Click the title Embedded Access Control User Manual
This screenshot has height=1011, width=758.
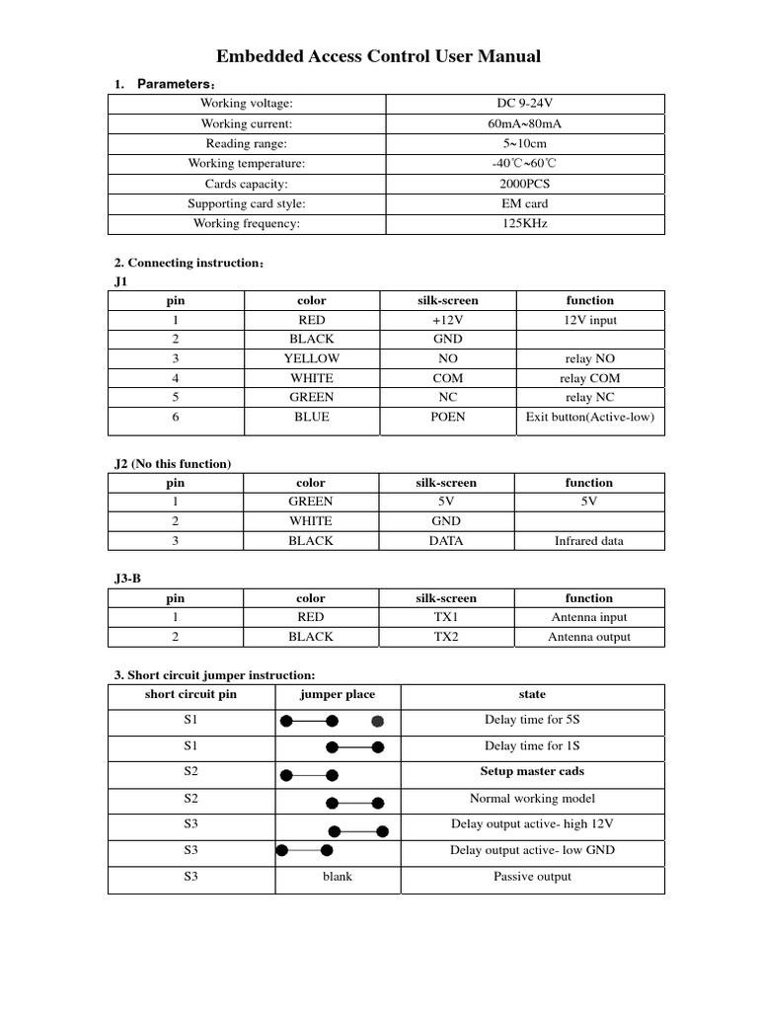[x=378, y=56]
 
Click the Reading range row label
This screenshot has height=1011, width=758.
[x=247, y=143]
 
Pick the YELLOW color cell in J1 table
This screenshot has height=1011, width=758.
[x=311, y=358]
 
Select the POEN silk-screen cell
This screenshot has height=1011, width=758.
[x=448, y=417]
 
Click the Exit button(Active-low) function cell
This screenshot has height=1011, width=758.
[x=589, y=417]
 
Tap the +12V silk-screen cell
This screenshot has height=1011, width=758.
[x=448, y=320]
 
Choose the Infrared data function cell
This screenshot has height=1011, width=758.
[x=589, y=541]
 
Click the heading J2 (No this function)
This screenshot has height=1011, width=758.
[x=173, y=463]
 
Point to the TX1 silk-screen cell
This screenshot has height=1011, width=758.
[x=447, y=617]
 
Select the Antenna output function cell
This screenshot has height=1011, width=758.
[x=589, y=637]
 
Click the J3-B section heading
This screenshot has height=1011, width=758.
[x=135, y=579]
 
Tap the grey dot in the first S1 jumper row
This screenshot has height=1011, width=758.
[x=377, y=721]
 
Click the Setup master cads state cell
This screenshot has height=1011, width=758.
[x=532, y=772]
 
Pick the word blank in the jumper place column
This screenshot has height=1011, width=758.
[x=338, y=877]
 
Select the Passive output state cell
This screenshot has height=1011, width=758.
[x=532, y=877]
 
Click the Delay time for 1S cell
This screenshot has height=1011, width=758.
[x=532, y=746]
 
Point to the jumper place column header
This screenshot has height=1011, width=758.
[x=338, y=694]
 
